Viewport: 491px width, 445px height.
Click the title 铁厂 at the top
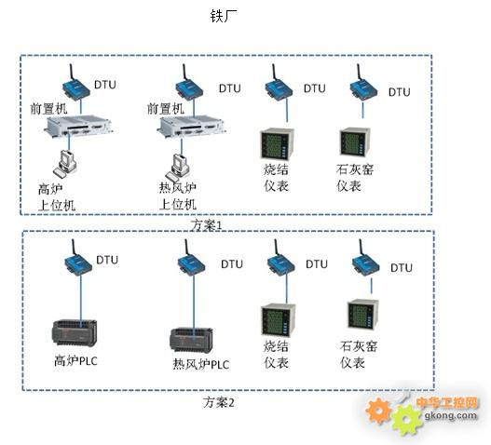[x=224, y=16]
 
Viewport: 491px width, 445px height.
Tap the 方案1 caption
[x=207, y=225]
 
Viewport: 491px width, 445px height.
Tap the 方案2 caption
[x=218, y=402]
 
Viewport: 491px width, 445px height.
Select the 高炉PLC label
[x=75, y=360]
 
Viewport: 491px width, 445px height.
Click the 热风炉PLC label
[x=201, y=364]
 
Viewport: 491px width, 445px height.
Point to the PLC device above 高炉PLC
[x=75, y=332]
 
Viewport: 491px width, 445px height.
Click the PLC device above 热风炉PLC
[x=191, y=340]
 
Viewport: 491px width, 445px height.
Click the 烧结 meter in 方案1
[x=277, y=144]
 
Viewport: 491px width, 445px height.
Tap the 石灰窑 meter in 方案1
[x=355, y=142]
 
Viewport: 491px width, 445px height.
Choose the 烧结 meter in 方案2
[x=279, y=320]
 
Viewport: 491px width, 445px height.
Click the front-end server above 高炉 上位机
[x=78, y=125]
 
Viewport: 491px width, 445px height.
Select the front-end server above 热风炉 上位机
[x=192, y=127]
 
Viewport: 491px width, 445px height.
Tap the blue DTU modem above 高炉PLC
[x=78, y=258]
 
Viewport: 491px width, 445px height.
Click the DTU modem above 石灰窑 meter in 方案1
[x=363, y=83]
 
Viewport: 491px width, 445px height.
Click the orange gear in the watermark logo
[x=379, y=411]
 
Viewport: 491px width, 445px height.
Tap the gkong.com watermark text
[x=451, y=415]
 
